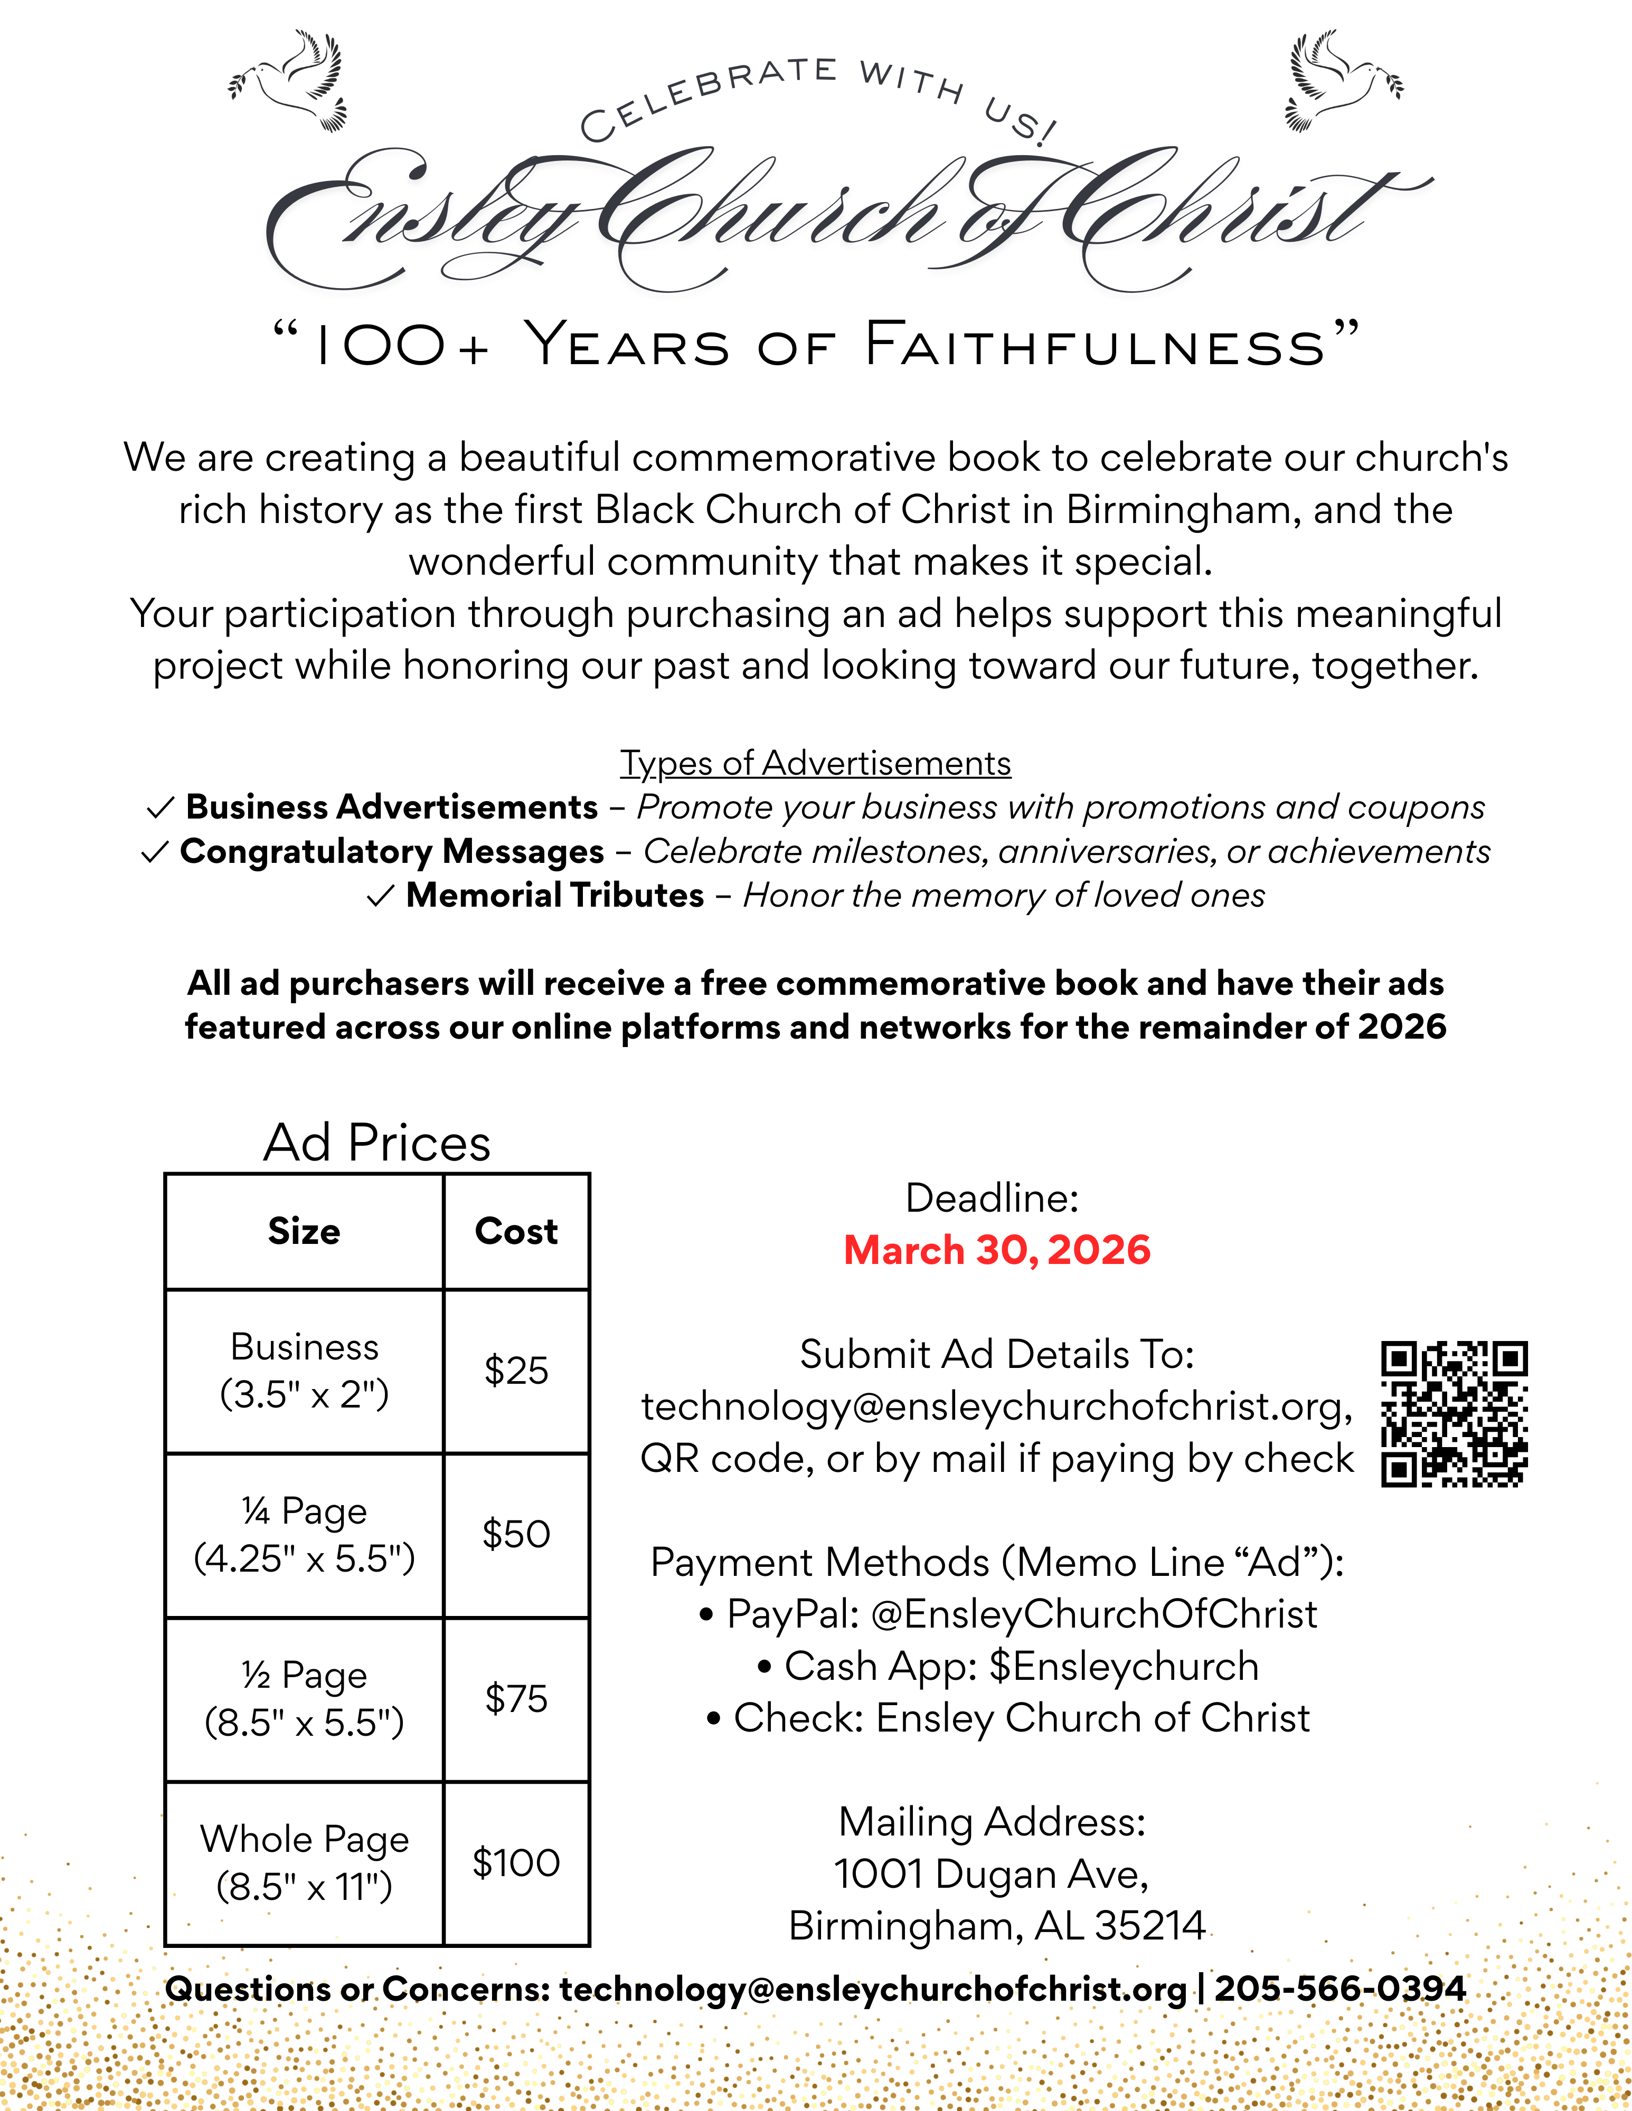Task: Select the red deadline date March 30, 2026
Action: pos(997,1250)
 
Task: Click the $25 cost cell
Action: pos(516,1371)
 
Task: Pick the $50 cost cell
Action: pos(516,1534)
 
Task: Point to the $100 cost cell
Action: pos(516,1862)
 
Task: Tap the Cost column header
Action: pos(516,1231)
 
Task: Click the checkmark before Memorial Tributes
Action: pos(380,897)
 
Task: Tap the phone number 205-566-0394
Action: pos(1340,1989)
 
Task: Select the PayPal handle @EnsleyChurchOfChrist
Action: pos(1093,1614)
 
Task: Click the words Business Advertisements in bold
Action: pos(392,807)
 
